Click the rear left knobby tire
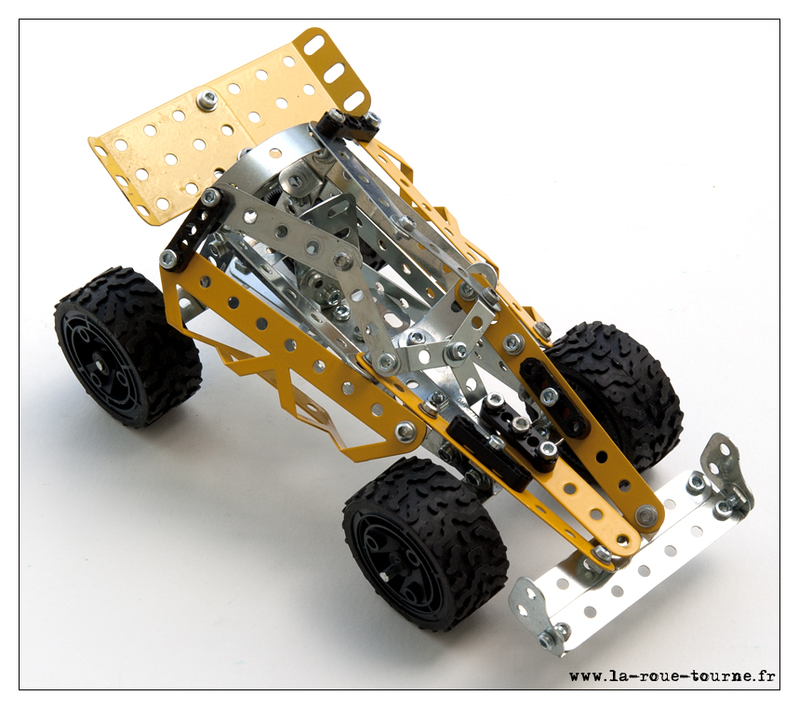(127, 347)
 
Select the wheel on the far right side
(619, 393)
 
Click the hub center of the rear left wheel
(100, 366)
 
